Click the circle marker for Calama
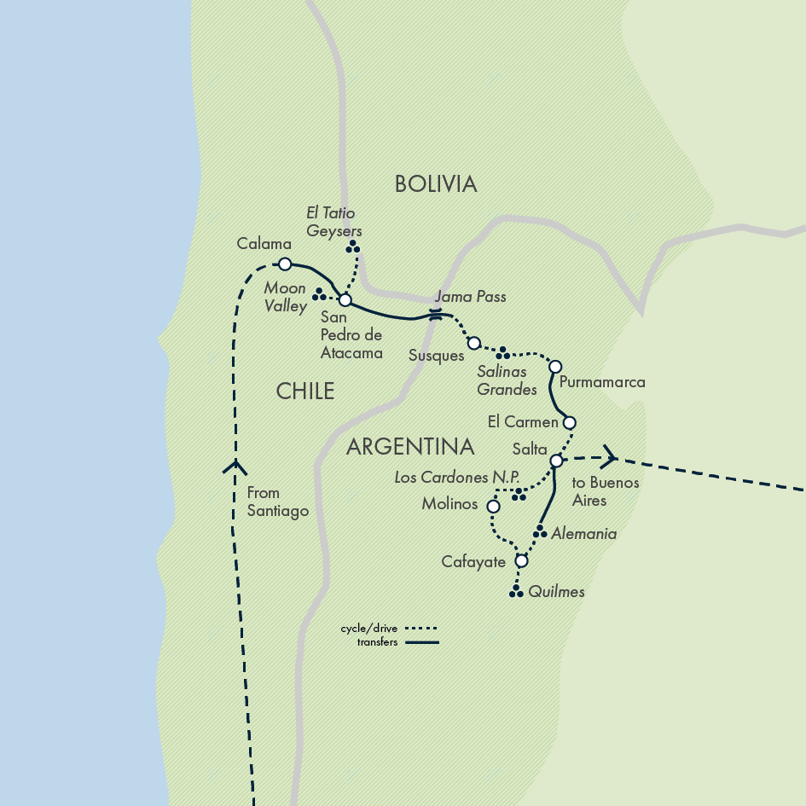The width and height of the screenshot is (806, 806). coord(285,264)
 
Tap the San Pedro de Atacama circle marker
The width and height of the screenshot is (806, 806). coord(345,300)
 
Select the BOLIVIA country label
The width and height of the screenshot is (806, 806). coord(435,183)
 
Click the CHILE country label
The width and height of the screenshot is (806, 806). coord(305,391)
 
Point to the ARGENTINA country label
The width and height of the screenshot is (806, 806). coord(410,446)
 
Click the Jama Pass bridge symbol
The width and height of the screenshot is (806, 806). coord(436,314)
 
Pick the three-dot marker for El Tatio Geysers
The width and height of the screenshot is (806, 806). coord(352,247)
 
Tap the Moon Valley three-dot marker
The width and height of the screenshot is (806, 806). coord(319,294)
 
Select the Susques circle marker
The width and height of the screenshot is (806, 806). coord(473,343)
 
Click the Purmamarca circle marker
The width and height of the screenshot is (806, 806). coord(554,367)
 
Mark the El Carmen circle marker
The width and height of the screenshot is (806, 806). coord(570,422)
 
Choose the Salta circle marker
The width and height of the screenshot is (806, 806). coord(556,461)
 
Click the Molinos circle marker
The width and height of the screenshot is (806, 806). coord(492,507)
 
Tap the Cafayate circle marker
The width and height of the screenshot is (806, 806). coord(522,561)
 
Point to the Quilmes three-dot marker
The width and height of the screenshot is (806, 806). coord(515,591)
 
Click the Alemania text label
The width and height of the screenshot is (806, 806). coord(583,534)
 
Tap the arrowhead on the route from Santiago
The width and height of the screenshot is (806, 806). coord(235,467)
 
